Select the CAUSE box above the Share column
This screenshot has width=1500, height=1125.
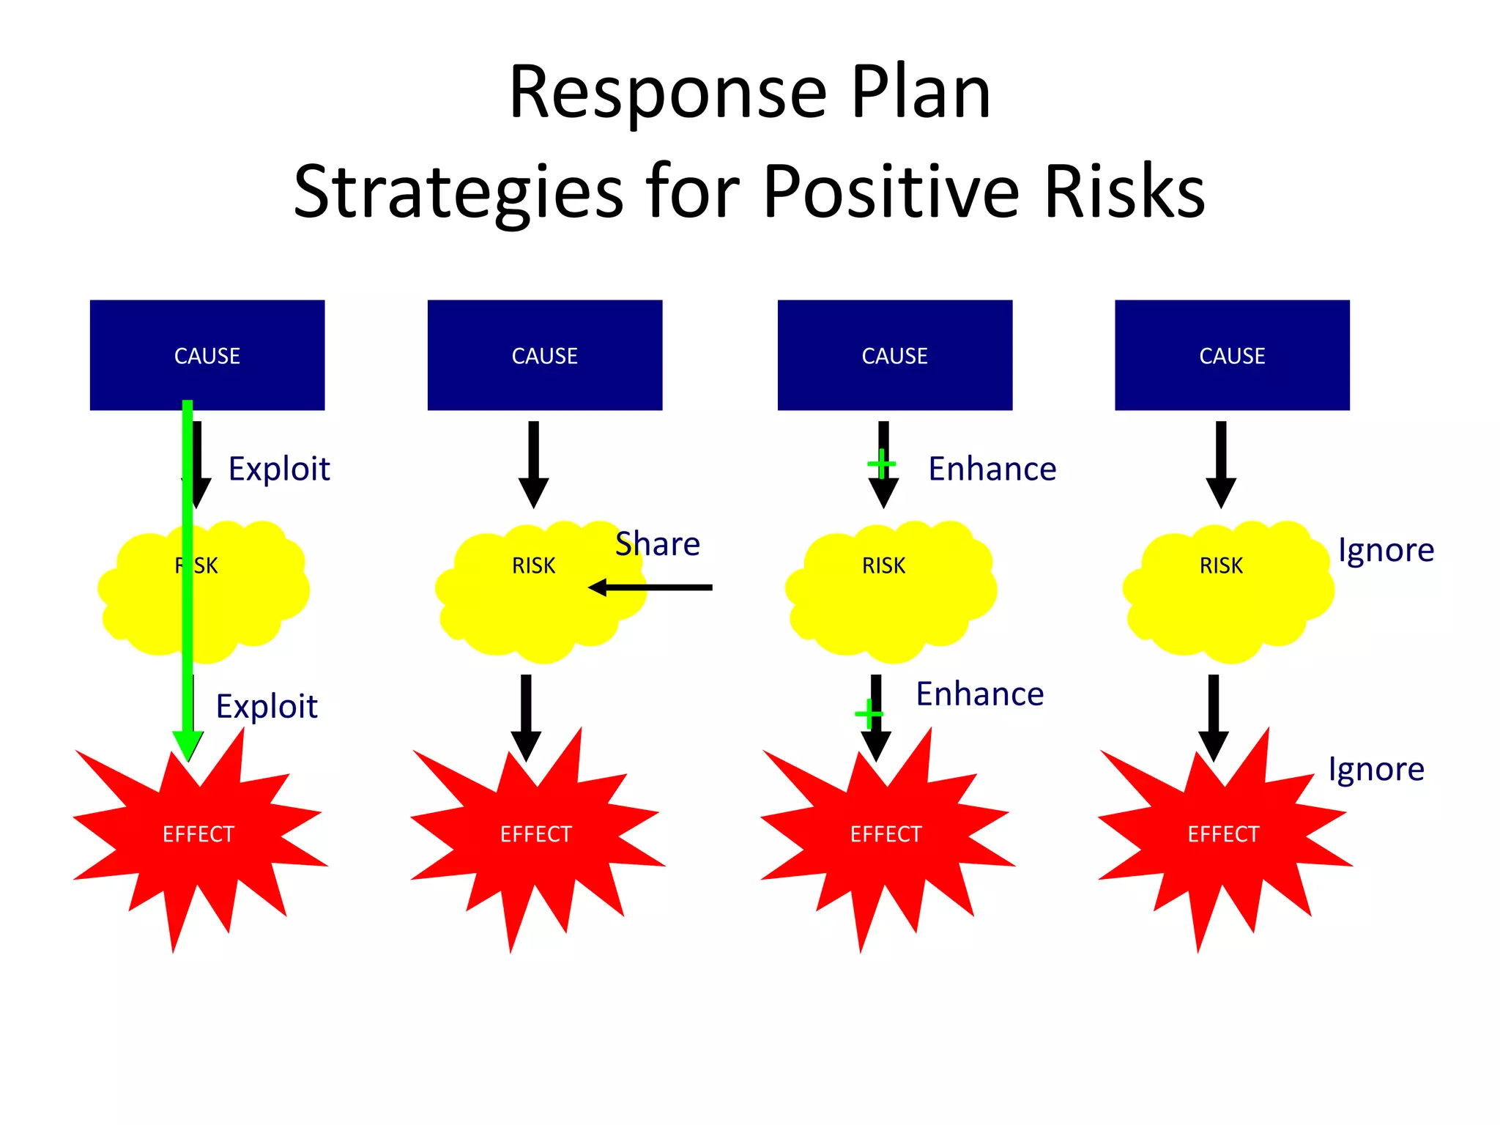coord(544,355)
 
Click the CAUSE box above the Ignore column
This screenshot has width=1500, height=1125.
coord(1232,355)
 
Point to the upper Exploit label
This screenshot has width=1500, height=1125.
coord(279,469)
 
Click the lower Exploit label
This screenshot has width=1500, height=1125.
coord(267,707)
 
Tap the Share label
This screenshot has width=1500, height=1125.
coord(657,544)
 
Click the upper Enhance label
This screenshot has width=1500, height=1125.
coord(992,469)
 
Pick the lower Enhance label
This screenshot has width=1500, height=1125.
coord(979,694)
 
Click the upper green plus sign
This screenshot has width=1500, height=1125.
coord(881,464)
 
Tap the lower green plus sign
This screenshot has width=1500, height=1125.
coord(869,713)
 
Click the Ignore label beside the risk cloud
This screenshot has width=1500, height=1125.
coord(1385,550)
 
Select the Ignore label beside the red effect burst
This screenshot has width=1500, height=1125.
coord(1375,770)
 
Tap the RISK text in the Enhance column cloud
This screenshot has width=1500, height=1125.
coord(883,566)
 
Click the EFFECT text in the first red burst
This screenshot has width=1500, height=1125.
coord(198,834)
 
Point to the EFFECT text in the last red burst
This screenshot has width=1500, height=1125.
coord(1222,834)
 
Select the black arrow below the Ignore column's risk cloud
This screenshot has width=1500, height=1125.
coord(1213,718)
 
